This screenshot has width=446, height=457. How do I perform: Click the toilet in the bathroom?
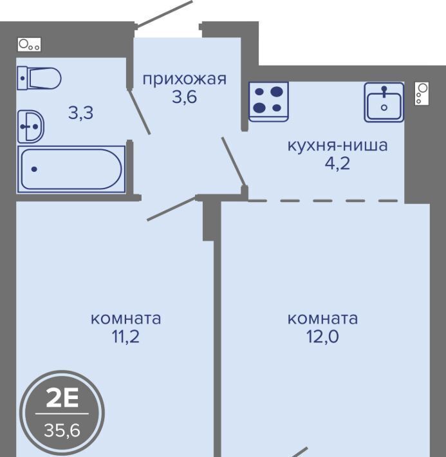coord(39,78)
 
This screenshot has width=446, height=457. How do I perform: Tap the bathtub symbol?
coord(71,169)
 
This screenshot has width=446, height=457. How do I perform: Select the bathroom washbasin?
coord(31,127)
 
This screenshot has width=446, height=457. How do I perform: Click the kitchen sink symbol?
coord(384,102)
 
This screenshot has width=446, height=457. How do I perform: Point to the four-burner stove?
coord(268,101)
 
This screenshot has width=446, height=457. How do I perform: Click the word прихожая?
coord(184,79)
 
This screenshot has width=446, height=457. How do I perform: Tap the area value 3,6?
coord(184,97)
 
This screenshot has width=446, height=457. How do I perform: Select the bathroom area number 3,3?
coord(80,113)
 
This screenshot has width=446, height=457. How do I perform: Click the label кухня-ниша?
coord(338,145)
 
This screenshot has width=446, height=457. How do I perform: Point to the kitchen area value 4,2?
coord(337,163)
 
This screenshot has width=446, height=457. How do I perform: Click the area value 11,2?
coord(125,337)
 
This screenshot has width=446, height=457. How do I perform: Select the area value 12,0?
coord(322,337)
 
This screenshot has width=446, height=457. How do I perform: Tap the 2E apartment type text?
coord(62,398)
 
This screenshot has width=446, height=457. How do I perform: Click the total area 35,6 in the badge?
coord(62,430)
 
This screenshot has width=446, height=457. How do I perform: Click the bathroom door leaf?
coord(139,111)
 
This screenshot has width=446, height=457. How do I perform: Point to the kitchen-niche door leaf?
coord(234,162)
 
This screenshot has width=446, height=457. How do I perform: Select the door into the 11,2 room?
coord(172,209)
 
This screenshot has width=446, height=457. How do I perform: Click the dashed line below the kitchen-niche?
coord(323,201)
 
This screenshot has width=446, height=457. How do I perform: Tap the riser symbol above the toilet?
coord(29,44)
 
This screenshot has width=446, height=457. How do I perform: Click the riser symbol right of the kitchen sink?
coord(422,93)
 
